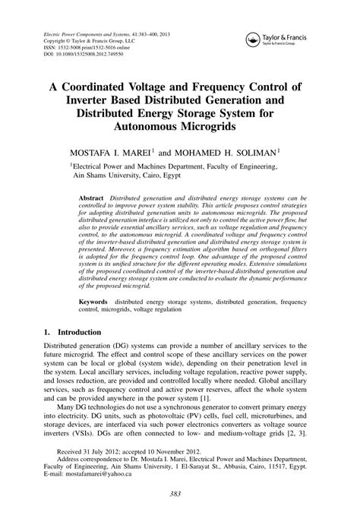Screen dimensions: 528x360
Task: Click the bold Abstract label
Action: pos(91,197)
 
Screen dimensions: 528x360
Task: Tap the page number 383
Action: pos(180,514)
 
